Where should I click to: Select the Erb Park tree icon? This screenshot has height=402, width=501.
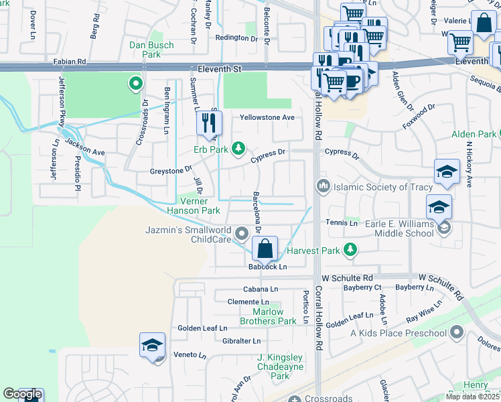(238, 149)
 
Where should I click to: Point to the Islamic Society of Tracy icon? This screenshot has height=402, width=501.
(323, 186)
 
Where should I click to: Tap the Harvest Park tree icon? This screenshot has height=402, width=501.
(349, 251)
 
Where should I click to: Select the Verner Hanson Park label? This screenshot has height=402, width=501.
(198, 206)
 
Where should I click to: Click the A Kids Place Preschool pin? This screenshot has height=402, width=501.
(457, 332)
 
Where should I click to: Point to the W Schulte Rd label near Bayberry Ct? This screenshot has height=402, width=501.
(347, 277)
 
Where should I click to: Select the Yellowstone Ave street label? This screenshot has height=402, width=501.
(268, 117)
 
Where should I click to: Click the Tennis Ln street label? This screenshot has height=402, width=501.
(342, 222)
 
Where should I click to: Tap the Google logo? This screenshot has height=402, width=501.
(22, 395)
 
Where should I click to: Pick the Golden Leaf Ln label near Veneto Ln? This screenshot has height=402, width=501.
(202, 328)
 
